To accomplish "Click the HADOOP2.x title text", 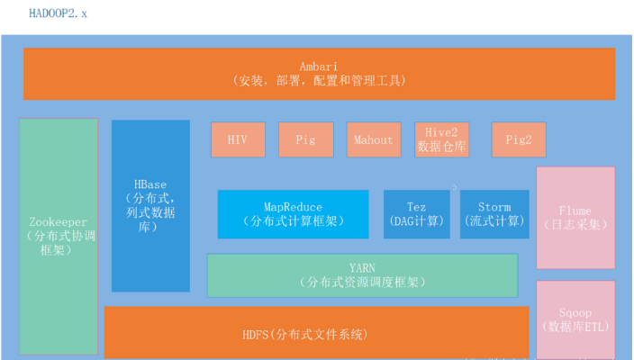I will (x=59, y=14).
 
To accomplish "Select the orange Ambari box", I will (x=319, y=74).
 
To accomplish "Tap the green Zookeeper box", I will (x=59, y=236).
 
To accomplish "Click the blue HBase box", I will (x=150, y=205).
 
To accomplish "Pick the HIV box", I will (x=237, y=139).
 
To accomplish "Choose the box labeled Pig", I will (x=305, y=139).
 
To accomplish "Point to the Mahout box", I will (x=374, y=139).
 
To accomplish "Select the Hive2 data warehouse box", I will (x=441, y=139).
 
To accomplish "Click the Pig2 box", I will (x=519, y=139).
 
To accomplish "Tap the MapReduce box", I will (x=293, y=214).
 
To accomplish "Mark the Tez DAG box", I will (x=416, y=214).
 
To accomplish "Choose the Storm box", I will (x=494, y=214).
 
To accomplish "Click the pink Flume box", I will (x=575, y=217).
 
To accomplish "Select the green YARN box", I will (x=362, y=274).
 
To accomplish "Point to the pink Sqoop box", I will (x=575, y=319).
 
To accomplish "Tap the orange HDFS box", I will (x=316, y=333).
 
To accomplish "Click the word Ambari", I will (x=319, y=66).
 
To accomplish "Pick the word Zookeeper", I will (x=59, y=221).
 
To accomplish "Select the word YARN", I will (x=362, y=267).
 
